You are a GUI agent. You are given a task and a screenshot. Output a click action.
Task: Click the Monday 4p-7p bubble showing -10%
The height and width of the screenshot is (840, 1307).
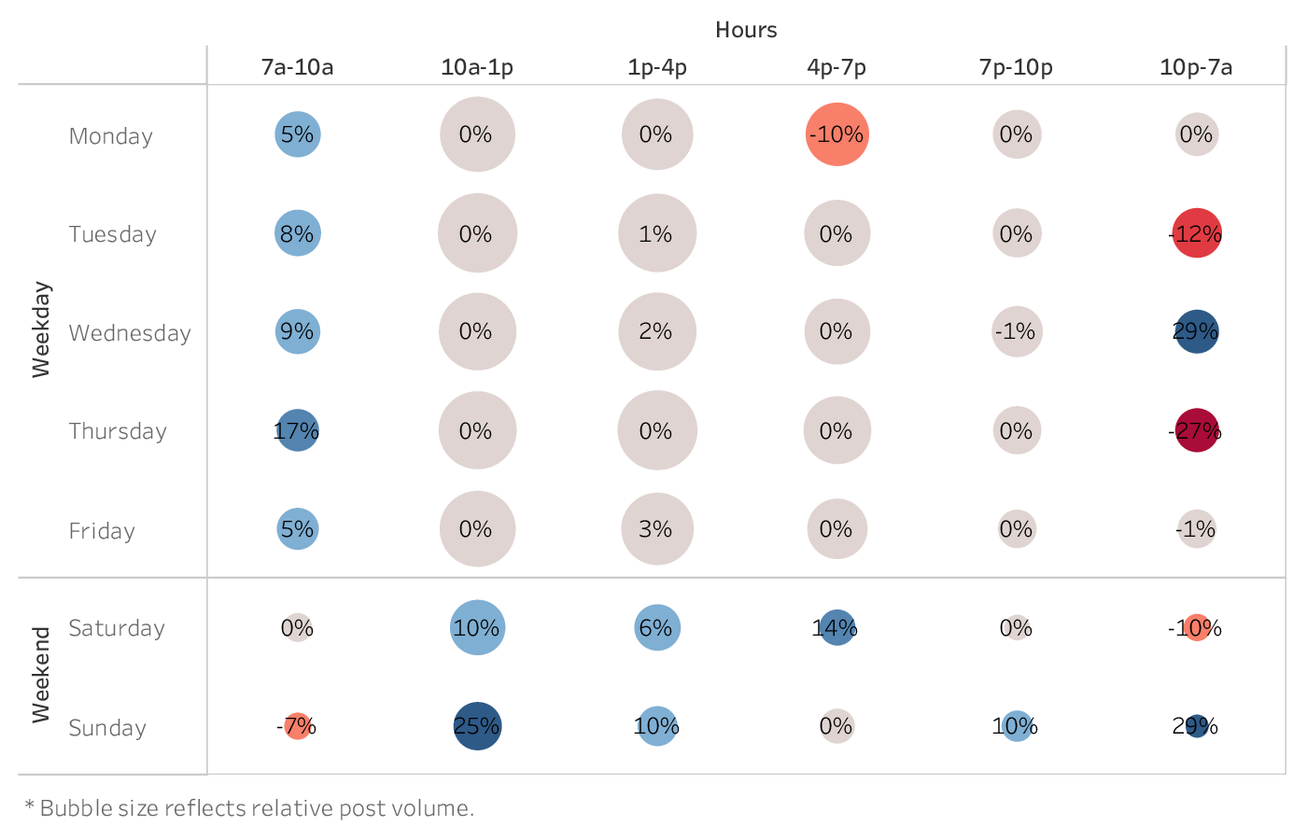(836, 134)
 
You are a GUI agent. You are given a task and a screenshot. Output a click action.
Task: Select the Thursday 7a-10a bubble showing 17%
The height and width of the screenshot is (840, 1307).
(297, 430)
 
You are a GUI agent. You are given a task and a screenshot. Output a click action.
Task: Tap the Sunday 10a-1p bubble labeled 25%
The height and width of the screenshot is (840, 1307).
(477, 726)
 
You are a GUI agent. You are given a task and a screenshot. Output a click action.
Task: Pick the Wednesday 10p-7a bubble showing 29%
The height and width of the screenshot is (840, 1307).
(1196, 331)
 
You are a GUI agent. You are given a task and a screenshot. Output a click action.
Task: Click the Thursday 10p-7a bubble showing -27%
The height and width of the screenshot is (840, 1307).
(1196, 430)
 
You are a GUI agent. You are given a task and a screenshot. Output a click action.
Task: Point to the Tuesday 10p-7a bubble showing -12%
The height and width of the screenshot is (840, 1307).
(1196, 233)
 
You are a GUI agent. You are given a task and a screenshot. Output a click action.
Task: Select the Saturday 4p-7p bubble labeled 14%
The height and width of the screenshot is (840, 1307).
(836, 628)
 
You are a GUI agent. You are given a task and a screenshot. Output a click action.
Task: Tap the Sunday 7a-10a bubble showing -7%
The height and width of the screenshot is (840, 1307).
(297, 726)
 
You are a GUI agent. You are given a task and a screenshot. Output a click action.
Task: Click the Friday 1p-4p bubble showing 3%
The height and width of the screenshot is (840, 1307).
(656, 529)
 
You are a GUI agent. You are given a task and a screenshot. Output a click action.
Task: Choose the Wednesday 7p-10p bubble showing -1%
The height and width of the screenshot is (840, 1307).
(1016, 331)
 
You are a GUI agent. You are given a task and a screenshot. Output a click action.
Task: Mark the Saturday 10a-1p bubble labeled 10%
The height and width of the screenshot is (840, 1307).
(477, 628)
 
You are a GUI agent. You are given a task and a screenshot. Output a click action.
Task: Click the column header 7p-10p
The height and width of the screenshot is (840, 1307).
(1016, 67)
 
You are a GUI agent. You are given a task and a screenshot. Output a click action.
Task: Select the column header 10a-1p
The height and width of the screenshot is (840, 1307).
(477, 67)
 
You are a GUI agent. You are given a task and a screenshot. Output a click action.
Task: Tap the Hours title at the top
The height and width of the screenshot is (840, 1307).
(746, 30)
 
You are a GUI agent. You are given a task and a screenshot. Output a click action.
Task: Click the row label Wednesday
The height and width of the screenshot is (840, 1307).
(130, 333)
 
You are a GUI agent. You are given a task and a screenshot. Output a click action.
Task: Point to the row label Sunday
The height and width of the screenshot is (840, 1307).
(107, 728)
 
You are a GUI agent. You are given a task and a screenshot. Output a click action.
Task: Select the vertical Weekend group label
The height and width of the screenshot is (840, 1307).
(41, 675)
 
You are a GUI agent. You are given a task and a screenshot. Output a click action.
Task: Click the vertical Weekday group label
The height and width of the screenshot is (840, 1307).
(41, 329)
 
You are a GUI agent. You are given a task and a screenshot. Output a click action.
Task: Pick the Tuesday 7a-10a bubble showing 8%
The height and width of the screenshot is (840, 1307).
(297, 233)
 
